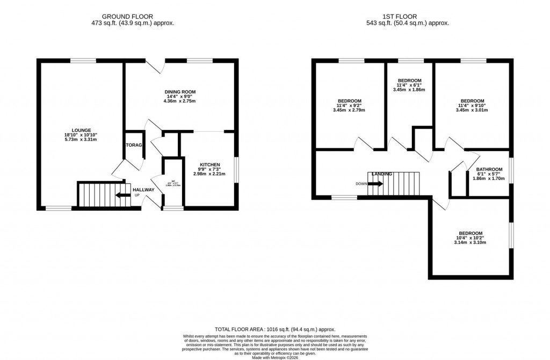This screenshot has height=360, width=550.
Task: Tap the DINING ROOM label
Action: pos(179,92)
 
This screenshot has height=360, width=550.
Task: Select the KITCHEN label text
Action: pos(210,164)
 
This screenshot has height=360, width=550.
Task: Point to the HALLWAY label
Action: pos(143,190)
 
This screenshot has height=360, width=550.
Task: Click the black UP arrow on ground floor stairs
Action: pos(124,195)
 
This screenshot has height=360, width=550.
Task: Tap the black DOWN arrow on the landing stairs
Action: pos(375,184)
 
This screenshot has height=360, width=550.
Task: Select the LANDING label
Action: pos(382,174)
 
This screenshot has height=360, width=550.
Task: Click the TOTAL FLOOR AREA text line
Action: pos(275,329)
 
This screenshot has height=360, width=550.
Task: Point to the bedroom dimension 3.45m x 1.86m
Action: pos(409,90)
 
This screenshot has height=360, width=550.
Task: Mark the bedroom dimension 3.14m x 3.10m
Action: pos(470,242)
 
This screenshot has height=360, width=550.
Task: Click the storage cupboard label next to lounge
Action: pos(134,146)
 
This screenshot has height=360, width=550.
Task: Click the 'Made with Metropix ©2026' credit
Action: pos(275,354)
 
